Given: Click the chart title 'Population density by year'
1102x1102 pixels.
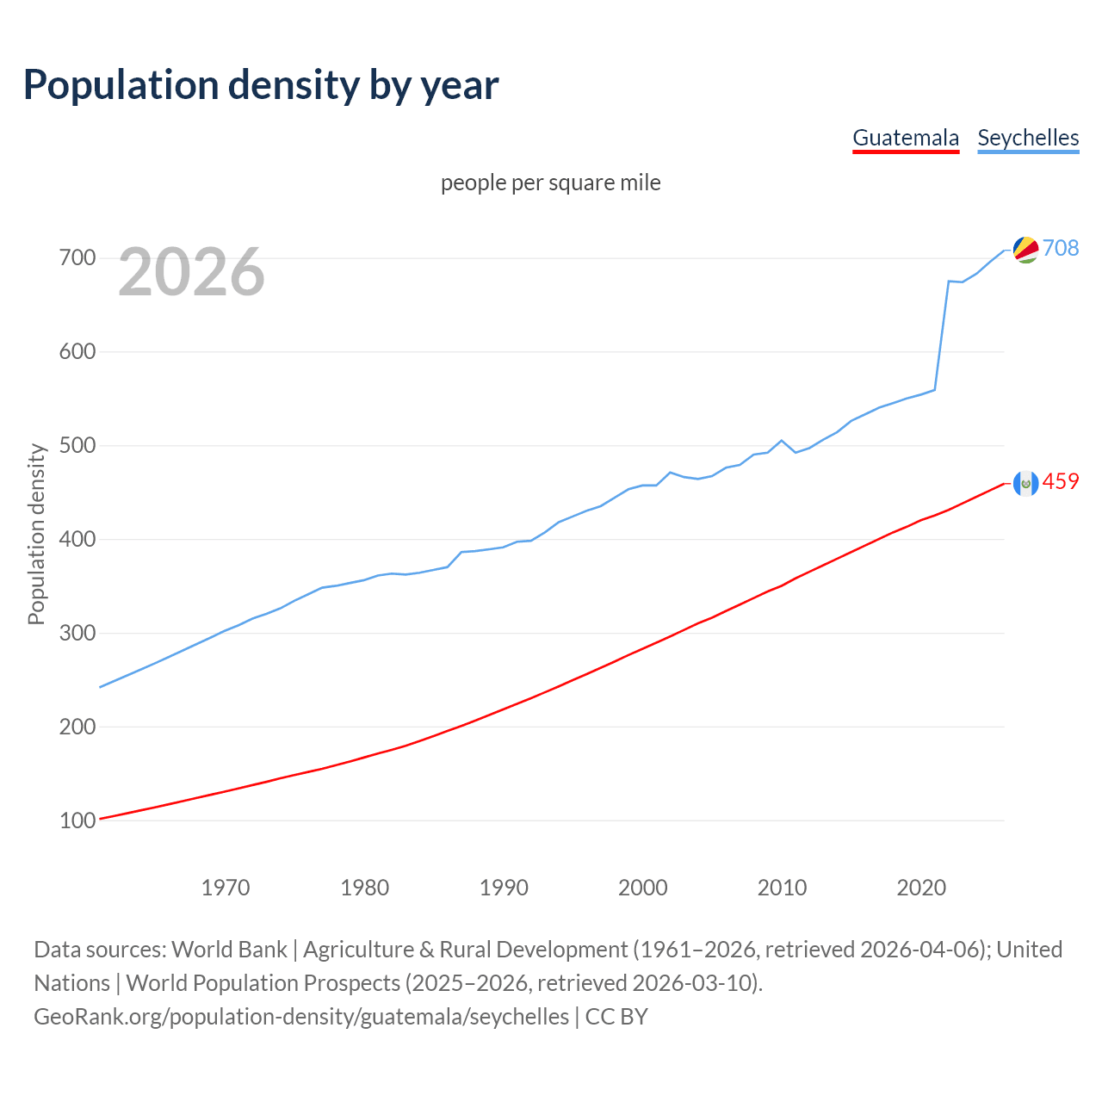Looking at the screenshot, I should click(x=261, y=85).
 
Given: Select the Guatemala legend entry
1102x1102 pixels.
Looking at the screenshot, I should click(x=905, y=138).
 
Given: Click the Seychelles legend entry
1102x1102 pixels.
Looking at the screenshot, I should click(x=1028, y=138).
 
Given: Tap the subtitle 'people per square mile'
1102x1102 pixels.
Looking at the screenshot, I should click(x=550, y=183).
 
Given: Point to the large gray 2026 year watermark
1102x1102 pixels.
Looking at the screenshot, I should click(x=191, y=272).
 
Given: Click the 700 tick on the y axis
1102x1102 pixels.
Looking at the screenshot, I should click(x=77, y=257).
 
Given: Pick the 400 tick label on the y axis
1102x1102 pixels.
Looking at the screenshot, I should click(x=77, y=539).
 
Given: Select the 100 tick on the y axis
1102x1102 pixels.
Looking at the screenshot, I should click(x=77, y=820).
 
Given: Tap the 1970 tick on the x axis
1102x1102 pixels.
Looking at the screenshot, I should click(x=226, y=887).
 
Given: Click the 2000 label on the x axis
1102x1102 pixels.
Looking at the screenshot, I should click(x=643, y=887).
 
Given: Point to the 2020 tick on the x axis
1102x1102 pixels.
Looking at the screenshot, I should click(x=921, y=887).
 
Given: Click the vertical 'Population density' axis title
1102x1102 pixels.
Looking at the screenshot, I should click(x=36, y=534).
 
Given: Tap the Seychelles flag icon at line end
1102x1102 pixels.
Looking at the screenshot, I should click(x=1025, y=249).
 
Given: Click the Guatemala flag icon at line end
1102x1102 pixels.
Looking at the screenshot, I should click(x=1025, y=483).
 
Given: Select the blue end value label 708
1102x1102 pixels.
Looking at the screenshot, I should click(x=1061, y=248).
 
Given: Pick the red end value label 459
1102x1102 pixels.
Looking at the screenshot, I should click(x=1061, y=481).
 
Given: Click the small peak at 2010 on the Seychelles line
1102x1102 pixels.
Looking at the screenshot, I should click(x=781, y=441).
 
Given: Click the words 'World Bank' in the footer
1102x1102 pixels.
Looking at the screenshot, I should click(x=229, y=949).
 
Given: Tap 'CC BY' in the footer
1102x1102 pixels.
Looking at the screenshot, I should click(x=616, y=1016).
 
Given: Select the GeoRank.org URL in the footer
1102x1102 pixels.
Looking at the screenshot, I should click(x=301, y=1016).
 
